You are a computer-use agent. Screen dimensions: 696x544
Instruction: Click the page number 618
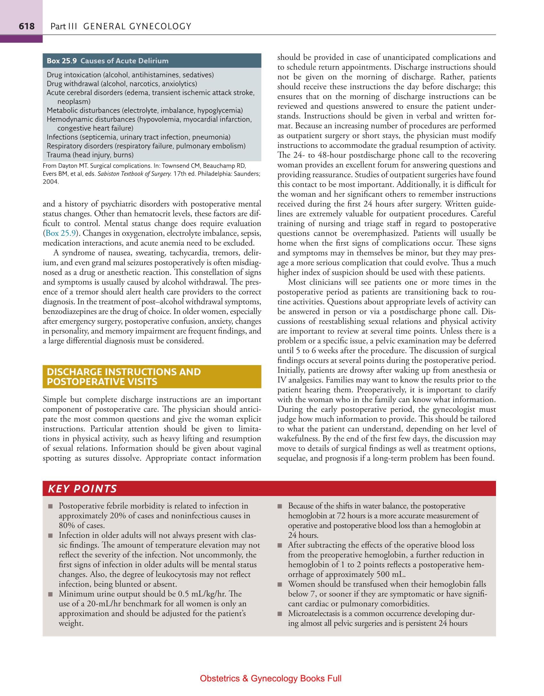(27, 26)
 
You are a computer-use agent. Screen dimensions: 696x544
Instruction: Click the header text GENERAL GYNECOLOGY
(137, 26)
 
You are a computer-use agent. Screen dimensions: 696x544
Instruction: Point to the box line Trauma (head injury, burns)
(90, 155)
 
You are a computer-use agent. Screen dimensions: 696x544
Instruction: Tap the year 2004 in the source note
(51, 182)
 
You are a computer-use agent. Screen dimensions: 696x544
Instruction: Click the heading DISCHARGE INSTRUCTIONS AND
(124, 372)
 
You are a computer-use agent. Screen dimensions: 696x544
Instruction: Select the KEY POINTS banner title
(82, 489)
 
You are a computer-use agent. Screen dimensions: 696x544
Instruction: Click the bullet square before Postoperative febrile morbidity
(50, 507)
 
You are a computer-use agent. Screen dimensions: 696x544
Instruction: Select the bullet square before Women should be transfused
(280, 585)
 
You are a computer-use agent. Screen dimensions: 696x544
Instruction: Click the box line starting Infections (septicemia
(139, 137)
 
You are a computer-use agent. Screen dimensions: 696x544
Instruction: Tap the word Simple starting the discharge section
(53, 400)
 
